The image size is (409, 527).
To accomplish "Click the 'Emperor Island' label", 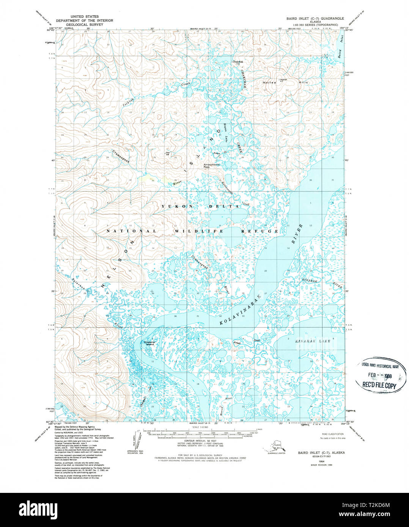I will tap(149, 343).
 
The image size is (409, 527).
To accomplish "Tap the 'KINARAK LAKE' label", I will tap(313, 341).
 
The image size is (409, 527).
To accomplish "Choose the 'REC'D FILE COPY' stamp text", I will tap(379, 386).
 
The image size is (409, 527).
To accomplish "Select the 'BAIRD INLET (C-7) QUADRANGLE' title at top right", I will tap(315, 18).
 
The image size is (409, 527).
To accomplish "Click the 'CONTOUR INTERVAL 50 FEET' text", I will tap(203, 441).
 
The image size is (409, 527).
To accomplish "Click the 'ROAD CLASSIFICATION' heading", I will tap(332, 434).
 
